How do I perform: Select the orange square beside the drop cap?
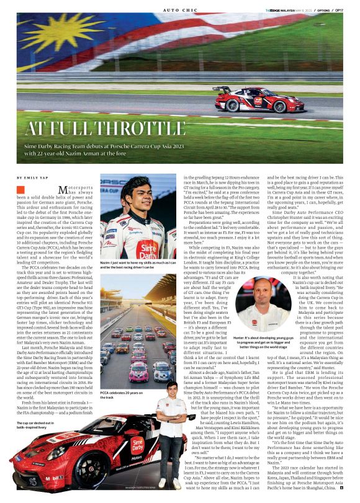pos(20,189)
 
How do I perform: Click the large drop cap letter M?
pos(63,189)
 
